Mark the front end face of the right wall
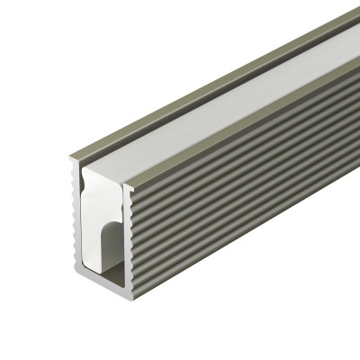click(x=129, y=234)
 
